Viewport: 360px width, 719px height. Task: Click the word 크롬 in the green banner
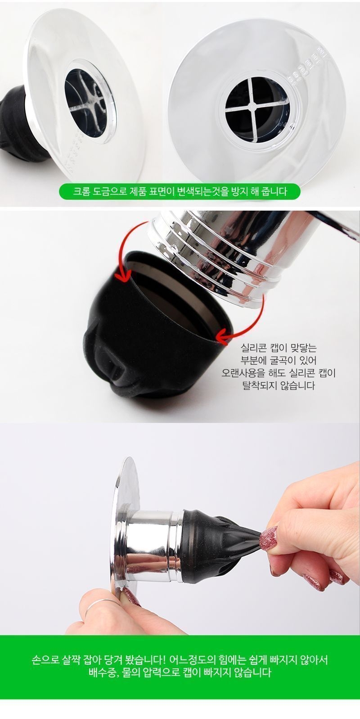point(81,192)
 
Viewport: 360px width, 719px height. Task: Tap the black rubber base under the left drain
point(19,125)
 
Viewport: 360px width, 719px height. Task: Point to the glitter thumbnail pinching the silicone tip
point(268,537)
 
